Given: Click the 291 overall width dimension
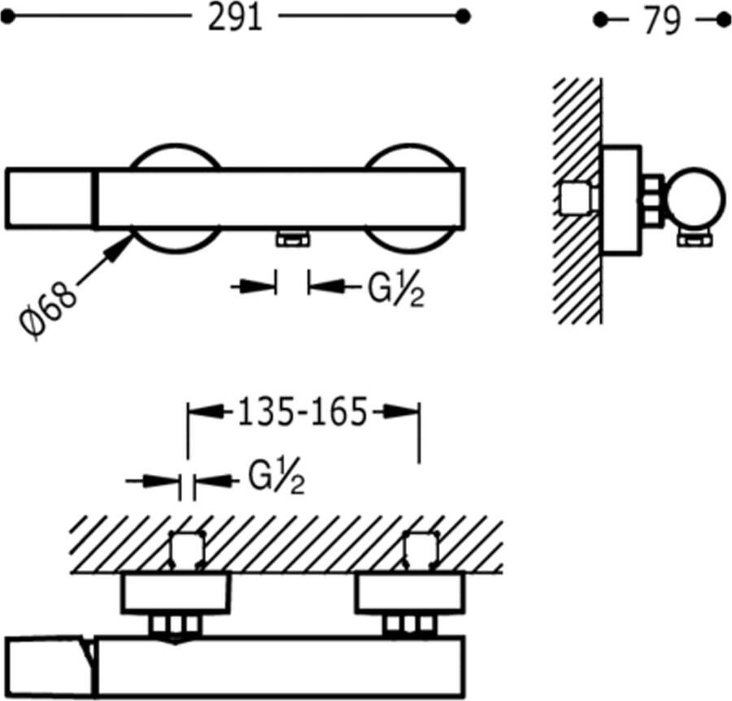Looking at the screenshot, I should point(235,18).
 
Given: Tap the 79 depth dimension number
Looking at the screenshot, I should point(661,21).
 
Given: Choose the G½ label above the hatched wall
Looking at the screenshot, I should point(276,481).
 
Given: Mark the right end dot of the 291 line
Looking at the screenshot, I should point(463,15).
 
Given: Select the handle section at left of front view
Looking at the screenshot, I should point(51,197).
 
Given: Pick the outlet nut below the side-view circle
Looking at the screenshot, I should point(696,237).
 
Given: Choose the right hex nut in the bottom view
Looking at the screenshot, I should point(411,625).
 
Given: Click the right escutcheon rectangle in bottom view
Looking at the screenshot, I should point(410,593).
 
